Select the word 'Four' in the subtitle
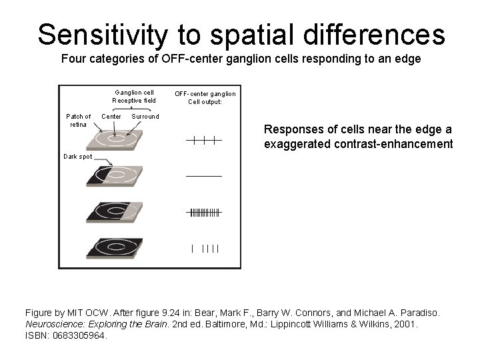73,59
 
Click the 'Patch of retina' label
78,120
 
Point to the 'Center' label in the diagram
111,117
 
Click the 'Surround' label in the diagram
145,117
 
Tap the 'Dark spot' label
78,157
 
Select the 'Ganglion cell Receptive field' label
134,97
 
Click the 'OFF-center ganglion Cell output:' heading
205,97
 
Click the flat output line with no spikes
204,175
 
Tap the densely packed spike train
204,213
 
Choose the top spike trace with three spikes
204,140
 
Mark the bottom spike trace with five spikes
205,249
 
